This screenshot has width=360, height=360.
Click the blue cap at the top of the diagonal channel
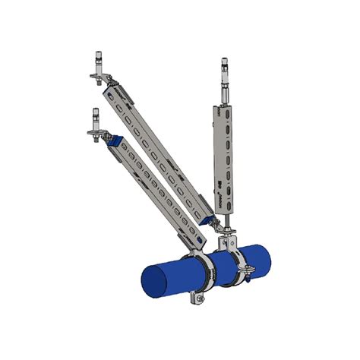pyautogui.click(x=115, y=141)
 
